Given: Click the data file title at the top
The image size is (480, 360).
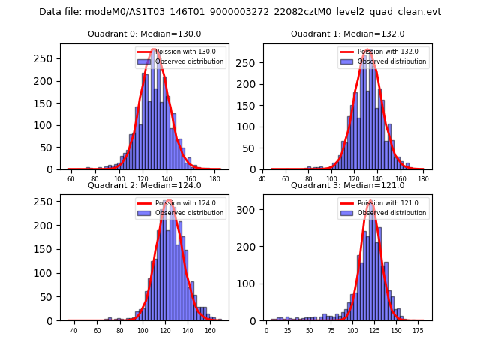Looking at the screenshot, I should coord(240,12).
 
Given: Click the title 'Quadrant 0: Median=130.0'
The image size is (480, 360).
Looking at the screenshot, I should coord(133,34).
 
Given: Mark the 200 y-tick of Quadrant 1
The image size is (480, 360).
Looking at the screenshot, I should coord(252,81).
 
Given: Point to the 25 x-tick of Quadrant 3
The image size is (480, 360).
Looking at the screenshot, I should coord(288,331).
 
